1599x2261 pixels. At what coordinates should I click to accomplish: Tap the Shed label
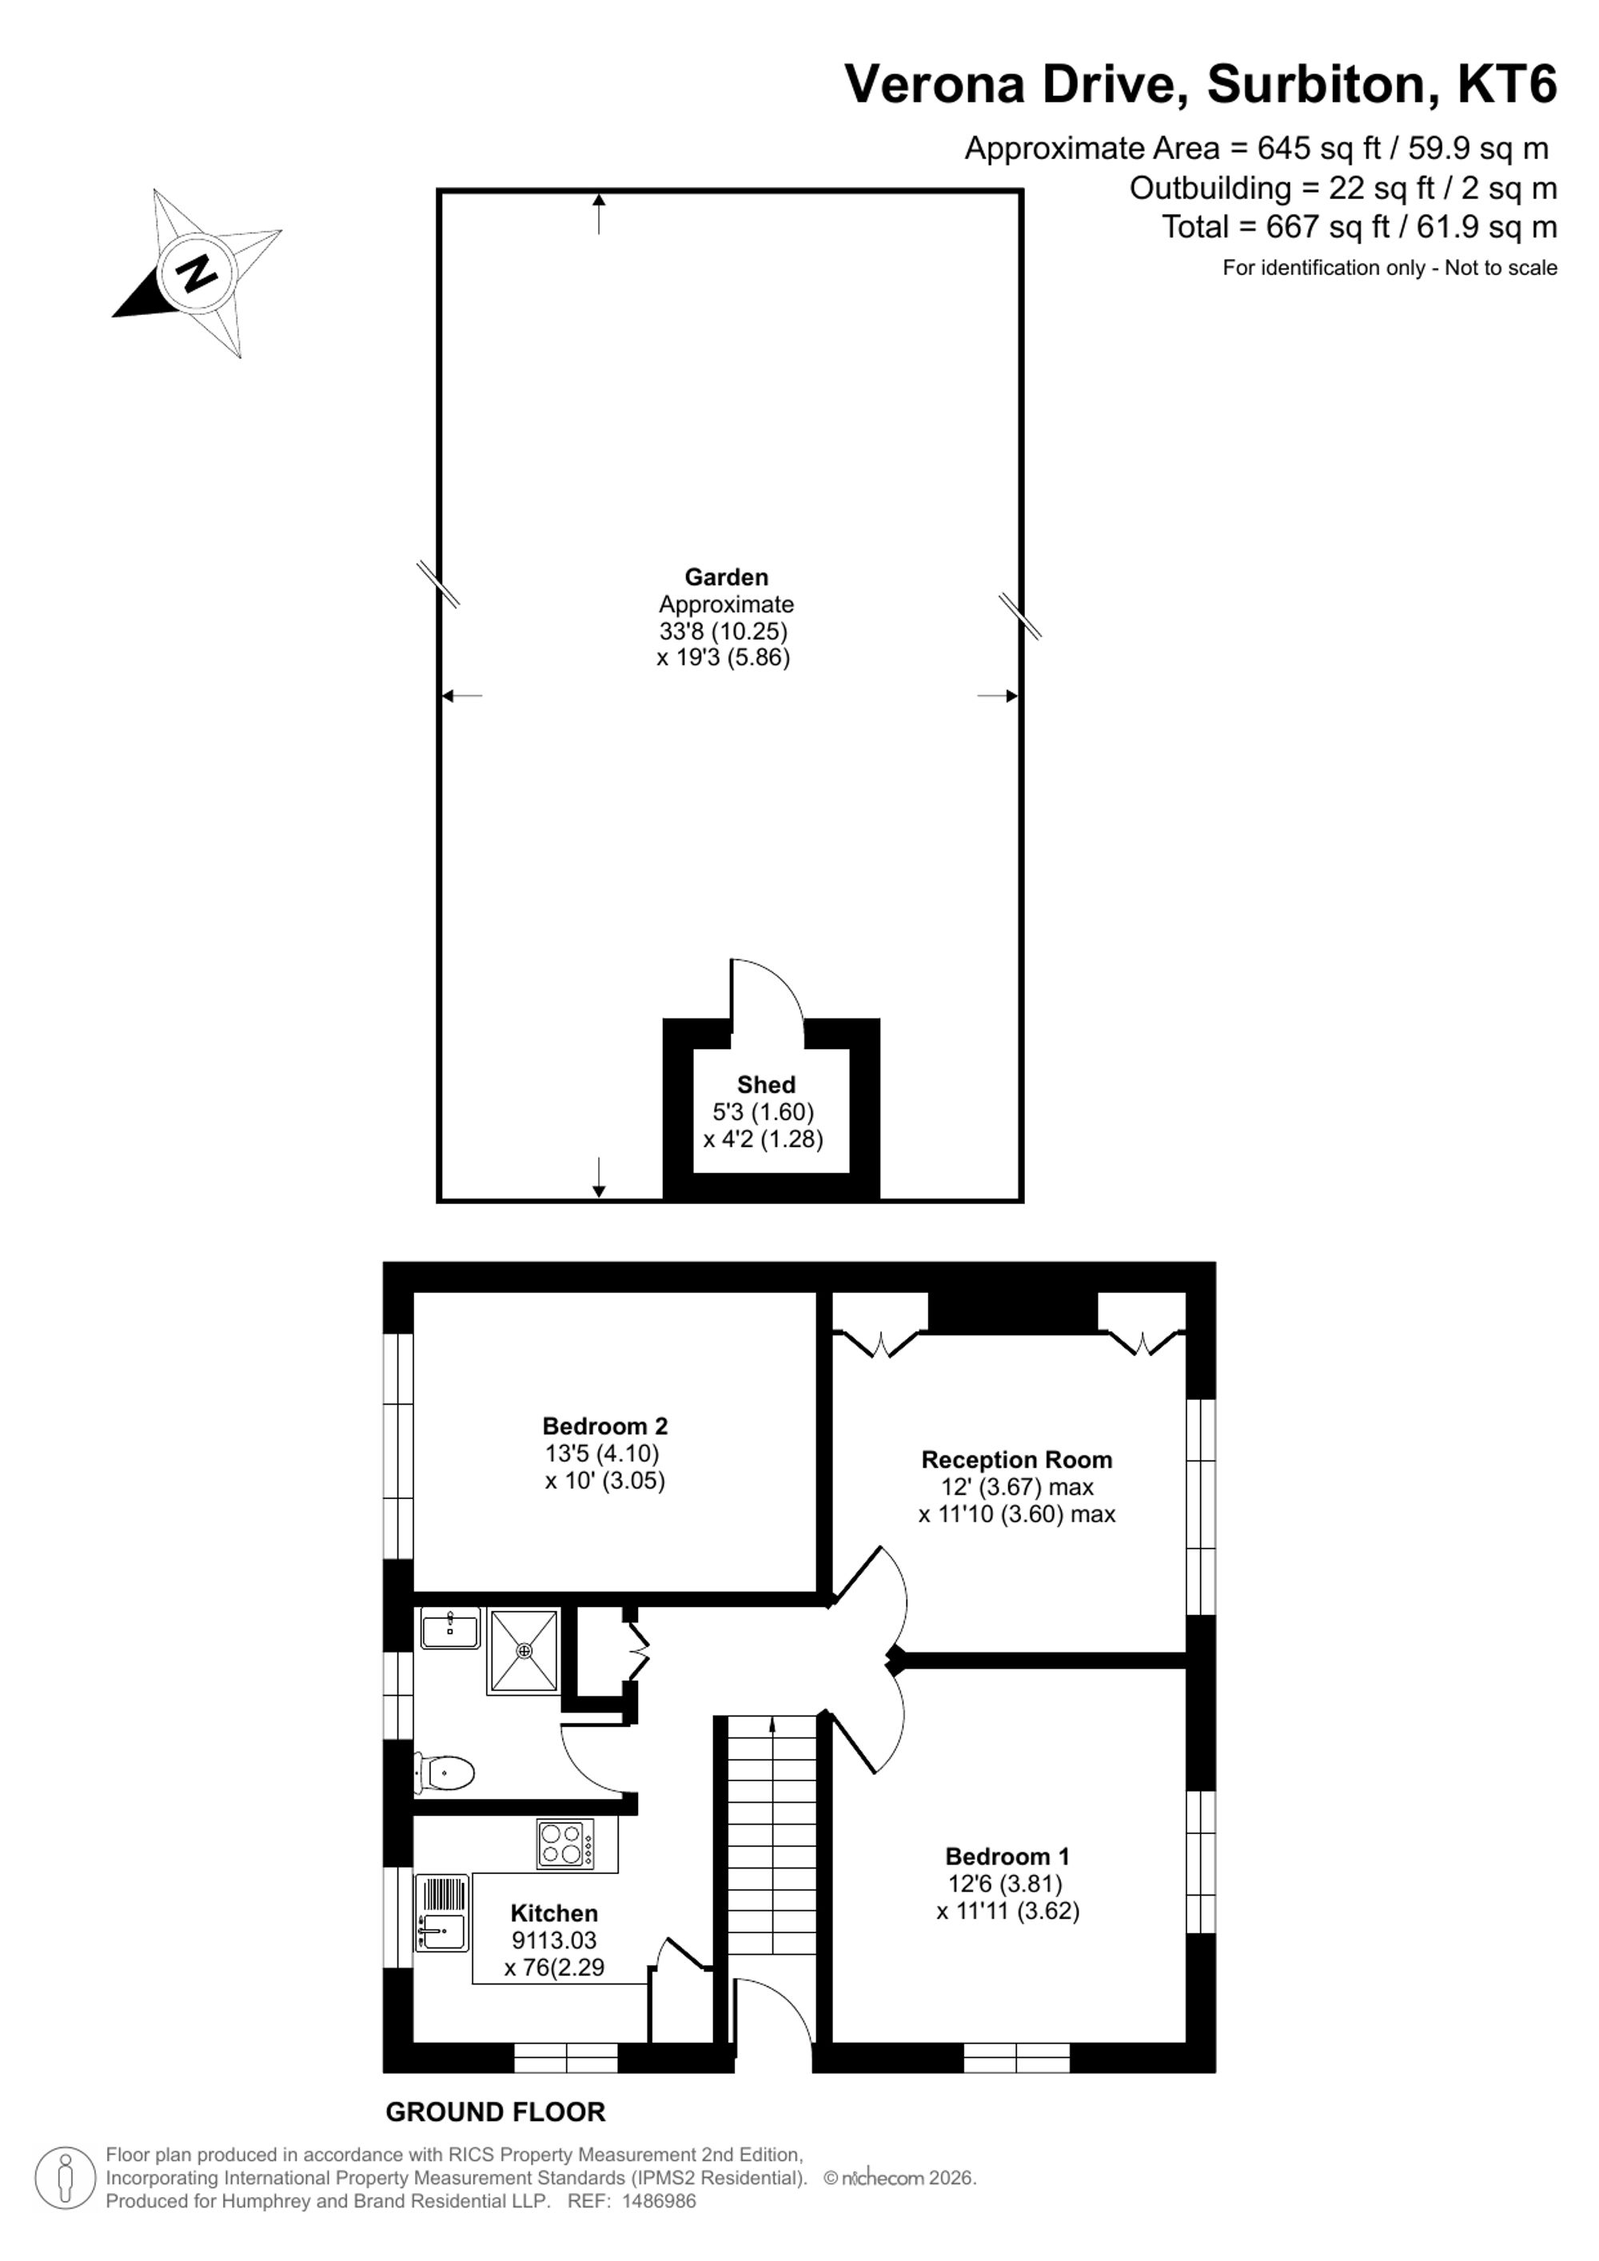(x=766, y=1084)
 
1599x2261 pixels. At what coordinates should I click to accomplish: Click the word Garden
(x=727, y=577)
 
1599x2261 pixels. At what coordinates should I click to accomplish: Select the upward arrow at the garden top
(x=599, y=213)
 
